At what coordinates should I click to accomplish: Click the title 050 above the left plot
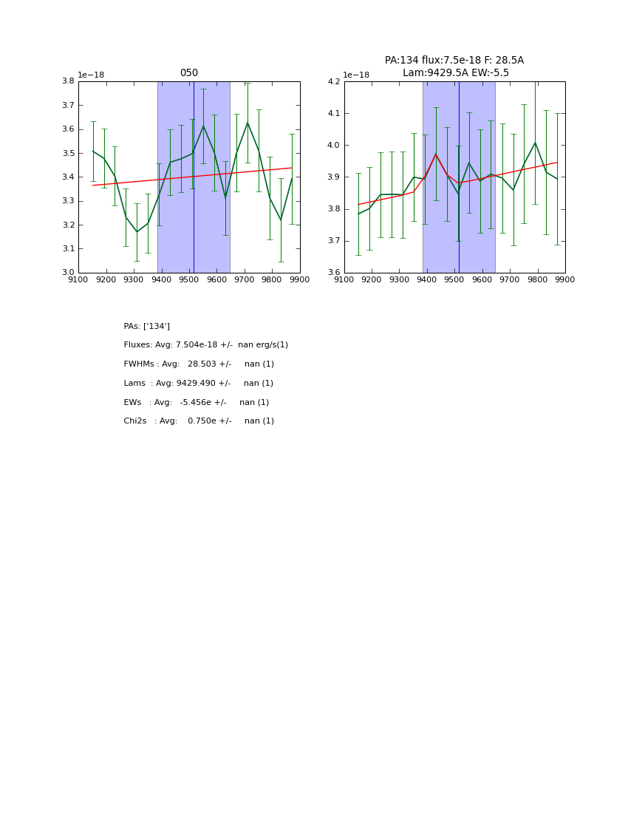(189, 73)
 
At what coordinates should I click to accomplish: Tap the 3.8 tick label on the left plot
(68, 81)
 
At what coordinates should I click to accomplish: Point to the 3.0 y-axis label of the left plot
(68, 273)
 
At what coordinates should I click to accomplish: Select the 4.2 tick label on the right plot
(334, 81)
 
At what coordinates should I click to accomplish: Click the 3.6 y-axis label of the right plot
(334, 273)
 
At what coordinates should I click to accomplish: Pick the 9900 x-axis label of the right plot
(565, 280)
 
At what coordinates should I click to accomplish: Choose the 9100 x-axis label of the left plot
(78, 280)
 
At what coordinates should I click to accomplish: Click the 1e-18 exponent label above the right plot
(356, 75)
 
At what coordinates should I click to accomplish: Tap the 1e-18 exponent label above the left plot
(91, 75)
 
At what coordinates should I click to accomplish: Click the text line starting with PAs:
(147, 326)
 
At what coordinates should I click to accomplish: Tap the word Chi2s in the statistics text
(135, 421)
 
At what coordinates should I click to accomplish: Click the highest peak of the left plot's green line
(248, 123)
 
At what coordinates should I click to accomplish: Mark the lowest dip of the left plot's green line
(137, 232)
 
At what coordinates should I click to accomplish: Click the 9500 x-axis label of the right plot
(454, 280)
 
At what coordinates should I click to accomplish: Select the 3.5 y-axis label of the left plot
(68, 153)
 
